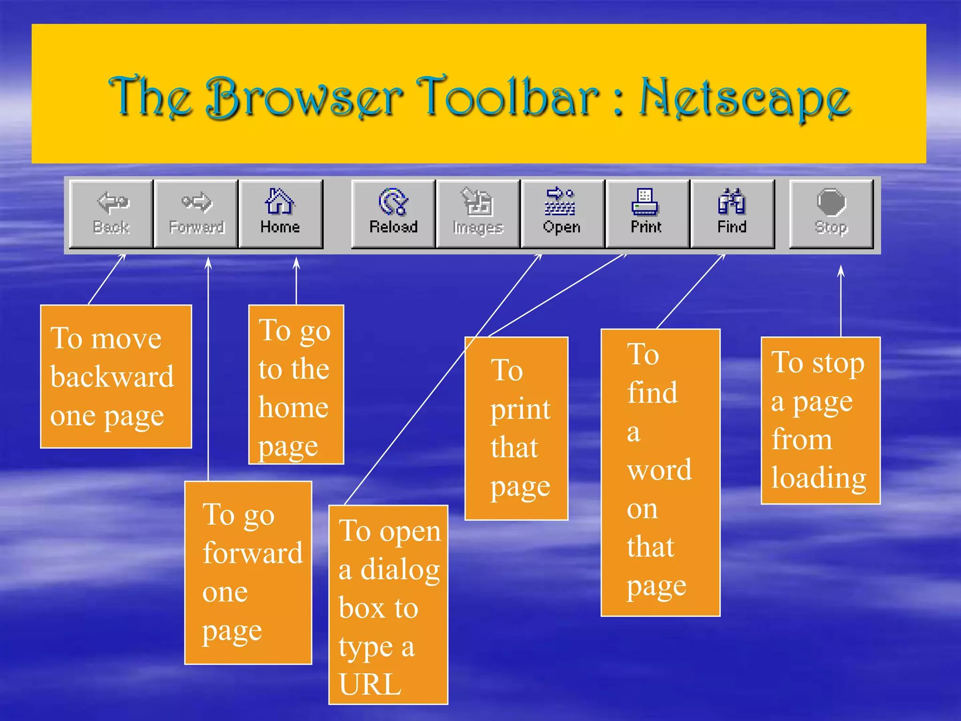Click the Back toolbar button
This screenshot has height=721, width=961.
tap(111, 214)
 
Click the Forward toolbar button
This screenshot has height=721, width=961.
tap(196, 214)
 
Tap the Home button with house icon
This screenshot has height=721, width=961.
tap(281, 214)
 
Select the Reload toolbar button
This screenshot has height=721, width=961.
tap(393, 214)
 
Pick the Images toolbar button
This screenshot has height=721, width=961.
tap(478, 214)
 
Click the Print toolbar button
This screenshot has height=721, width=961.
tap(647, 214)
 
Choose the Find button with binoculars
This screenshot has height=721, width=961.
tap(732, 214)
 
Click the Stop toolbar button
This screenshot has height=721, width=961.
tap(831, 214)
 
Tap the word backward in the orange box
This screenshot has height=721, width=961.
tap(112, 376)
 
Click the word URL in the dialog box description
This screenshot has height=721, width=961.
tap(370, 684)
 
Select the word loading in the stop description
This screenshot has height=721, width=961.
tap(819, 479)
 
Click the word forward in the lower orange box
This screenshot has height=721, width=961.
tap(253, 553)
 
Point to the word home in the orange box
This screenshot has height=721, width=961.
tap(294, 407)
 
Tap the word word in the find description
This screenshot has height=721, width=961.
tap(659, 469)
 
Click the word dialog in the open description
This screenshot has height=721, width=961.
tap(400, 570)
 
